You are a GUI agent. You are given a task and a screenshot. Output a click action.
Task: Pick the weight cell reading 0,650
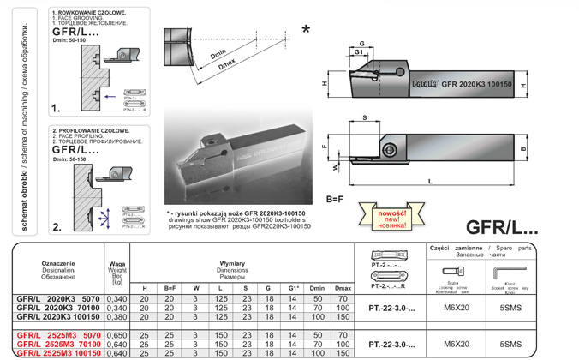click(x=117, y=334)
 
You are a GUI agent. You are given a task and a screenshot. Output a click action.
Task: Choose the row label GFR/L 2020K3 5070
click(x=51, y=297)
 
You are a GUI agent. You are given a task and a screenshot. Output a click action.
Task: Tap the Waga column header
click(x=117, y=264)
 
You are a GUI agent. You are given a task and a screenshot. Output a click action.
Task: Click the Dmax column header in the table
click(x=343, y=287)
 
